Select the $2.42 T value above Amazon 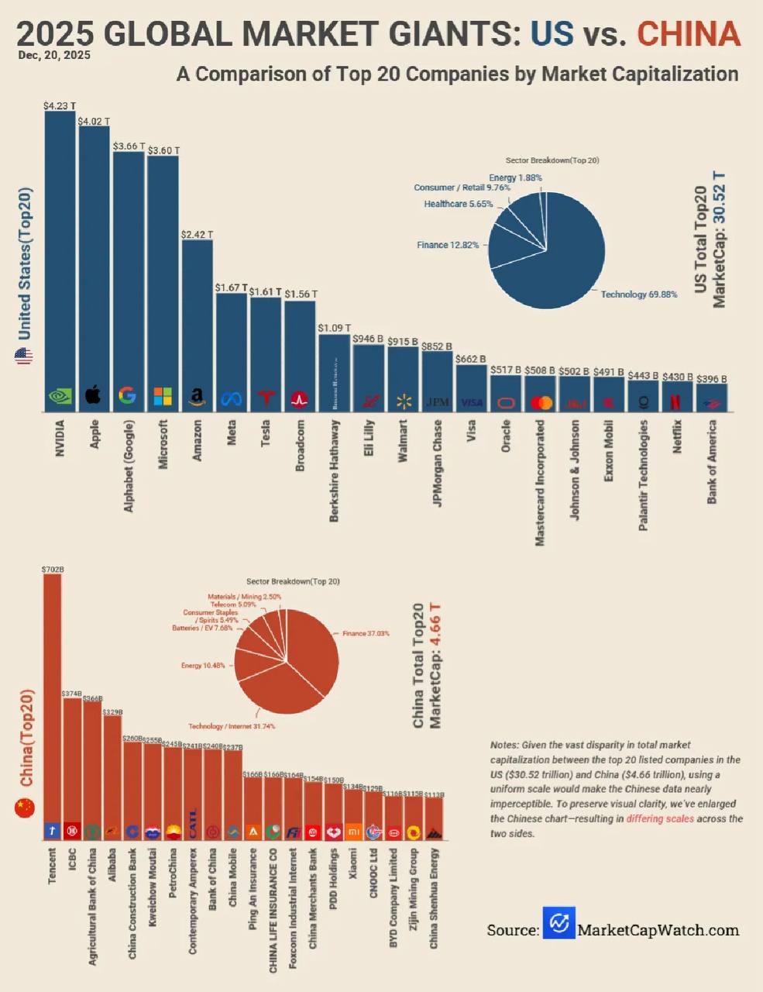[197, 233]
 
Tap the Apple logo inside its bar [93, 395]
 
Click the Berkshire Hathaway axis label [335, 470]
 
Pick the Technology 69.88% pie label [639, 294]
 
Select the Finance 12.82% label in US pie [448, 245]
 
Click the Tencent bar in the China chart [52, 697]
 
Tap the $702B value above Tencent [52, 569]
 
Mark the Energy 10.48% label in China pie [203, 665]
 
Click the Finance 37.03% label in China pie [366, 633]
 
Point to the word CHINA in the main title [689, 33]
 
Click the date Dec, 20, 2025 [54, 55]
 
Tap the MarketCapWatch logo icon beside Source [559, 923]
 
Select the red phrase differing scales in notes [660, 818]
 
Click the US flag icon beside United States [24, 357]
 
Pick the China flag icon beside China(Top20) [25, 808]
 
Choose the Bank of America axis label [712, 462]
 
